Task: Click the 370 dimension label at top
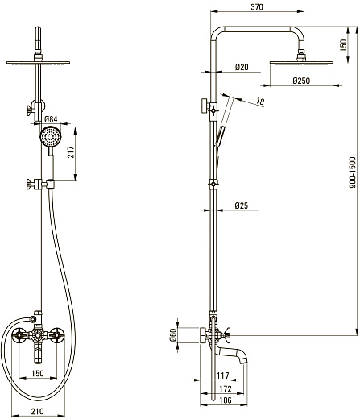pyautogui.click(x=257, y=7)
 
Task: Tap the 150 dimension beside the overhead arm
pyautogui.click(x=343, y=45)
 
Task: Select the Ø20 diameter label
pyautogui.click(x=242, y=67)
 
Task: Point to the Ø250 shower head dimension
pyautogui.click(x=301, y=81)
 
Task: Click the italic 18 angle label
pyautogui.click(x=260, y=102)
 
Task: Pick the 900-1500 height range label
pyautogui.click(x=352, y=172)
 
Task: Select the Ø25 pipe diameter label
pyautogui.click(x=242, y=205)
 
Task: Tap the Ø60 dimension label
pyautogui.click(x=173, y=335)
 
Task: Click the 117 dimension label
pyautogui.click(x=223, y=375)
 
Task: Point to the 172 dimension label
pyautogui.click(x=226, y=388)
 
